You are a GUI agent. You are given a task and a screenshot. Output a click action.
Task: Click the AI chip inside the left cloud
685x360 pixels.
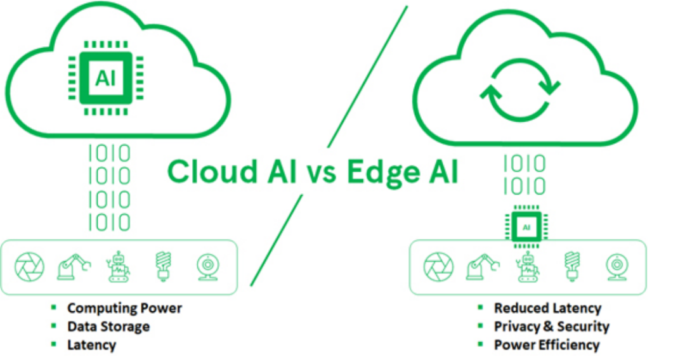click(105, 77)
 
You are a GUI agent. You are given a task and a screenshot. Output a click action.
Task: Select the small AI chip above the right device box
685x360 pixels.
click(526, 226)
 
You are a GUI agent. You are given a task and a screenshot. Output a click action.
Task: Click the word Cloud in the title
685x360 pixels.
click(209, 171)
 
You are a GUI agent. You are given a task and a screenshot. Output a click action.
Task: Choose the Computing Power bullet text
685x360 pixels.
click(124, 308)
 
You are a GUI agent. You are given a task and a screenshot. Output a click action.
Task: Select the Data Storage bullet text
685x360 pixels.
click(108, 326)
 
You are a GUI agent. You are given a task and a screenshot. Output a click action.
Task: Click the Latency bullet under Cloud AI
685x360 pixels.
click(91, 345)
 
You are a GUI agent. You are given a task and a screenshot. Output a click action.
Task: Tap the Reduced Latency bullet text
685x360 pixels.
click(547, 308)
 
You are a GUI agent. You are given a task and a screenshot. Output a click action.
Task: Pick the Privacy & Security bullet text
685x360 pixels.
click(551, 326)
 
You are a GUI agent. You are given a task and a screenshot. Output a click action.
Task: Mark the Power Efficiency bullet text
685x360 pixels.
click(546, 345)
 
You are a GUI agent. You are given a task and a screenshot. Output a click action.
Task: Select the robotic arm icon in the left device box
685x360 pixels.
click(74, 267)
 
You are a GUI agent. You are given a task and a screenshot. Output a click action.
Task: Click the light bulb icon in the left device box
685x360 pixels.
click(163, 266)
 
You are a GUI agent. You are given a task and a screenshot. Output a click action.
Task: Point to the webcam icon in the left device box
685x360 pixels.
click(207, 267)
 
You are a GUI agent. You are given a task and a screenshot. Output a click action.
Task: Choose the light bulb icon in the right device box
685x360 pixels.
click(572, 266)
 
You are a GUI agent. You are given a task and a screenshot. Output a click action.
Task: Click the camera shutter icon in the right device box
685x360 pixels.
click(438, 267)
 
